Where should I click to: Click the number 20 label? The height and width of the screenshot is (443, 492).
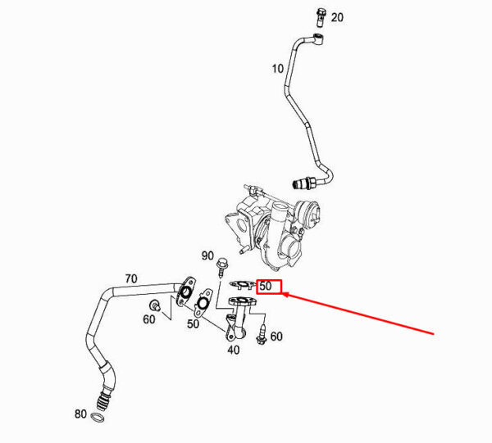coord(337,17)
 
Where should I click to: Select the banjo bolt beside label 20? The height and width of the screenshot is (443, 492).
coord(320,17)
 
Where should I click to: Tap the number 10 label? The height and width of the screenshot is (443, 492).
coord(278,69)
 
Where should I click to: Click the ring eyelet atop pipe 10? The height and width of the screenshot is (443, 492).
coord(319,38)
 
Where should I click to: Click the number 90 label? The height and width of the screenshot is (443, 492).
coord(207,256)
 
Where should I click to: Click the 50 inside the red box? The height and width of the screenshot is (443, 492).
coord(266,286)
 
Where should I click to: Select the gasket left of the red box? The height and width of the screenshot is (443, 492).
coord(242,285)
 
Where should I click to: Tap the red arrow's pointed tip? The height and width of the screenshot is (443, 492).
coord(283,294)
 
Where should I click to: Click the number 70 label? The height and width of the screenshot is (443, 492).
coord(131,278)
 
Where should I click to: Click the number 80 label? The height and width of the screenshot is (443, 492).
coord(80,414)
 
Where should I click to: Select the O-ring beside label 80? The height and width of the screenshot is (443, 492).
coord(98,418)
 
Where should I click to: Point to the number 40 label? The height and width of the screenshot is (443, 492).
coord(234,350)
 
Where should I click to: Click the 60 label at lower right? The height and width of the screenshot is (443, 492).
coord(276,337)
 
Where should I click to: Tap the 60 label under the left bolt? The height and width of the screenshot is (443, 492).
coord(149,319)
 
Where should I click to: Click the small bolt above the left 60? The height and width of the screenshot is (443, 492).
coord(154,305)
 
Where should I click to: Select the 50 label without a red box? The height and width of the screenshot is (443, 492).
coord(193,323)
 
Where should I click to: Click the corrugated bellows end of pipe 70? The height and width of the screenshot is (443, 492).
coord(102,400)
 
